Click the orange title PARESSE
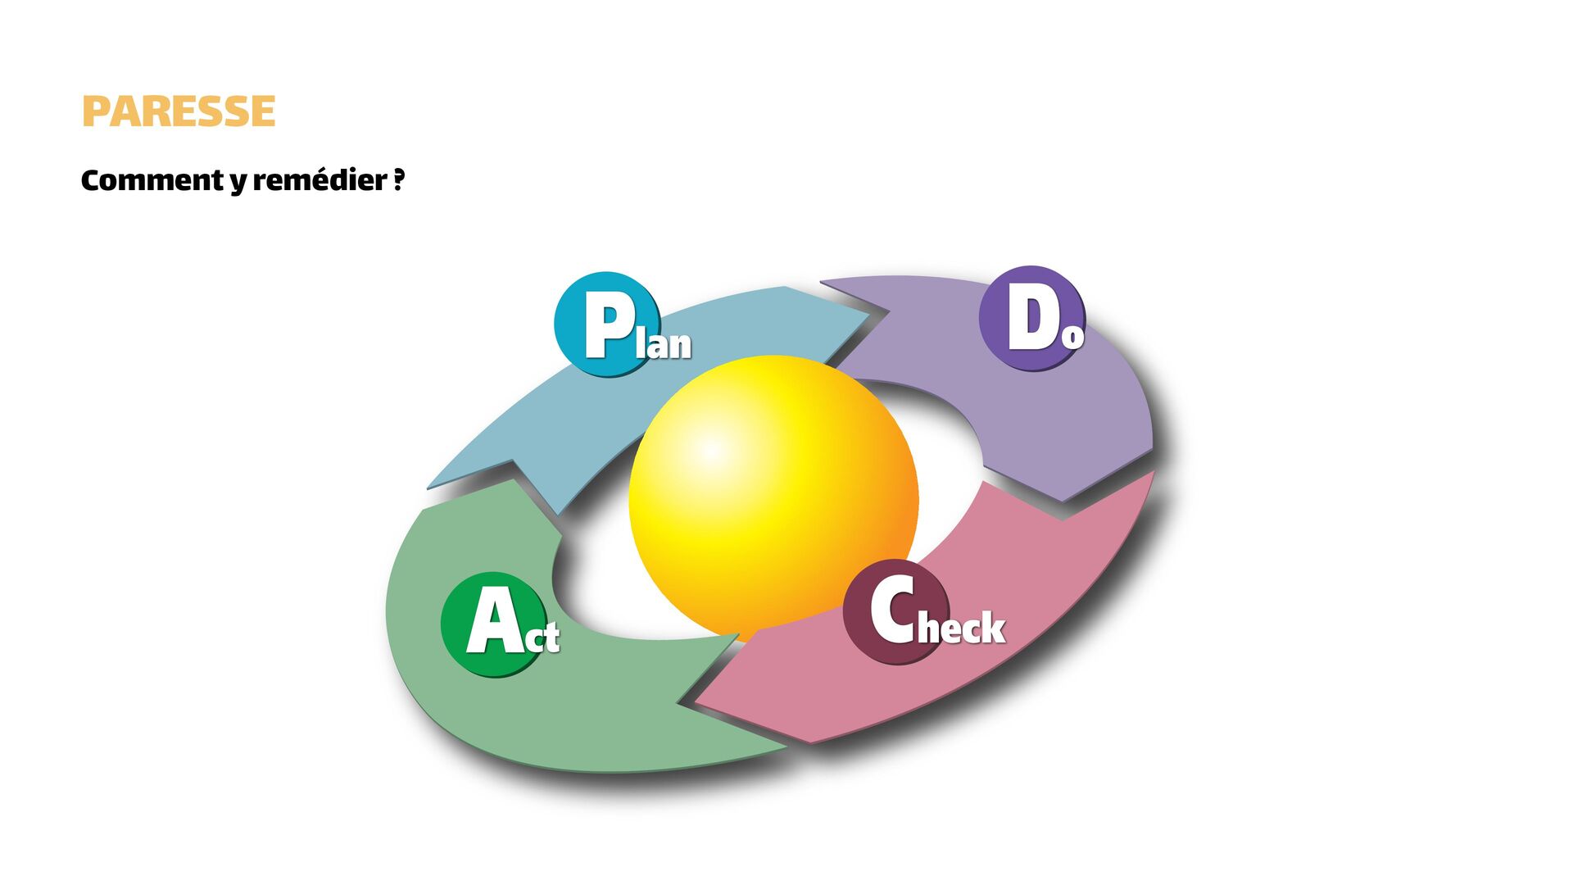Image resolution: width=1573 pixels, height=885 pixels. [x=179, y=111]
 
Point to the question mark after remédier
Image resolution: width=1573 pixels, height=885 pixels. [x=399, y=179]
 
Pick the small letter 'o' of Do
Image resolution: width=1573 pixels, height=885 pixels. [x=1072, y=336]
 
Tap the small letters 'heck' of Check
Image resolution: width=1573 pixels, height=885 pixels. [x=962, y=629]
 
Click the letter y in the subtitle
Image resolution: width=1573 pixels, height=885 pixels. [x=238, y=182]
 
